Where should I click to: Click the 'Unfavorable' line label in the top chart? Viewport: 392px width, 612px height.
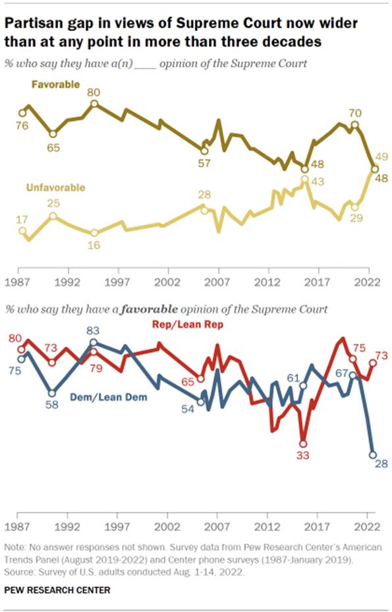55,188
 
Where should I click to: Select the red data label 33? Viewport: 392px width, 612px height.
303,455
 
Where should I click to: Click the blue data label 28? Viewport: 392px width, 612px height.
381,465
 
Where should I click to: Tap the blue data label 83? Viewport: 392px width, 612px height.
94,331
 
